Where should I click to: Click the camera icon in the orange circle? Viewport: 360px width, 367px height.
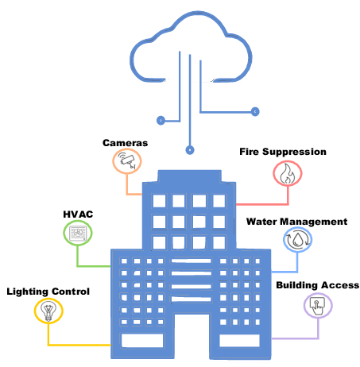[x=126, y=162]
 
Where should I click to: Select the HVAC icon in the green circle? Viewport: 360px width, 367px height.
[x=78, y=233]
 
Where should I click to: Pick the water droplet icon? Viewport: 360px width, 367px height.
[x=298, y=238]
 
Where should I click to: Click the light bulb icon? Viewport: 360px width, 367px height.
[x=48, y=310]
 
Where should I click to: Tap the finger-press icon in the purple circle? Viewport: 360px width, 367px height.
[x=318, y=304]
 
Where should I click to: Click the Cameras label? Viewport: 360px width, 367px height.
[x=126, y=143]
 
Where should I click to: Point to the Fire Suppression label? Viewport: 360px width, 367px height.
[x=283, y=151]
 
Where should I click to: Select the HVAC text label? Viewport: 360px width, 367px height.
[x=78, y=214]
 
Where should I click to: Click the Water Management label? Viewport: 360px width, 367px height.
[x=296, y=222]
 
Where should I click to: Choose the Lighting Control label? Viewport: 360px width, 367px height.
[x=48, y=292]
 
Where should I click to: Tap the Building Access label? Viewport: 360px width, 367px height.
[x=317, y=284]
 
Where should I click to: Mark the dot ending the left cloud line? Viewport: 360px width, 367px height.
[x=161, y=120]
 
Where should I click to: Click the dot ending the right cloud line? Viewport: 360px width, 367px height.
[x=254, y=111]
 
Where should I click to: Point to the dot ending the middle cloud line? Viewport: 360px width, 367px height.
[x=189, y=149]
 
